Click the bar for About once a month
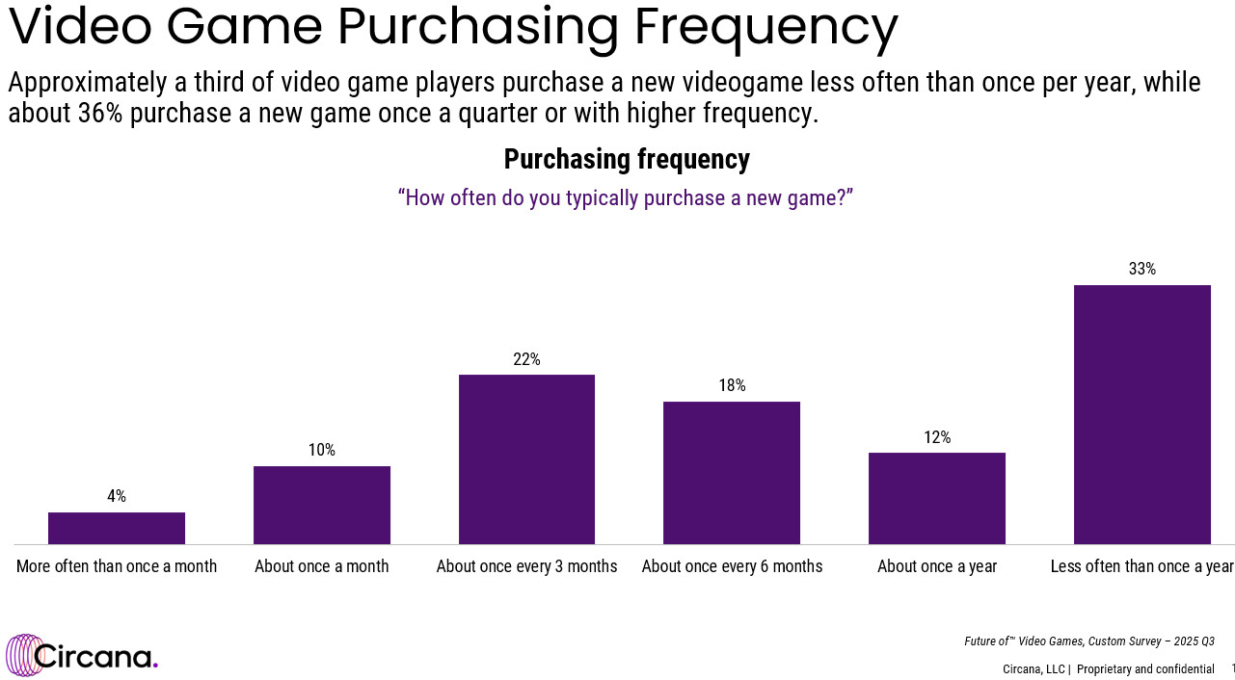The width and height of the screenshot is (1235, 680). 322,505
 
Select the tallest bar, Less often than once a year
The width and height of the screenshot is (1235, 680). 1141,414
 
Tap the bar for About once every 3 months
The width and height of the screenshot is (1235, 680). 526,459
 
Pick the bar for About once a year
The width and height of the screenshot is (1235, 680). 937,498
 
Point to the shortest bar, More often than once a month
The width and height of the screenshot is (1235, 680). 117,528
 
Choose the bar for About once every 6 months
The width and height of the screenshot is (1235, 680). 732,473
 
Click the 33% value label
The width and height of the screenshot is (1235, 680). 1142,270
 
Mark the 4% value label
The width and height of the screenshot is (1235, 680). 117,497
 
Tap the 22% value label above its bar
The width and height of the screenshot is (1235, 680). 526,359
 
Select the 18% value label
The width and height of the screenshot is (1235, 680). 732,386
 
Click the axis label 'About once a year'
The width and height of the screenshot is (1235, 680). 937,566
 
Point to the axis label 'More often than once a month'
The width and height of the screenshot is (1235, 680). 117,566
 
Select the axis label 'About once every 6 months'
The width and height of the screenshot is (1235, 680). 732,566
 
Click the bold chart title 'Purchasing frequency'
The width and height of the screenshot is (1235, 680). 627,159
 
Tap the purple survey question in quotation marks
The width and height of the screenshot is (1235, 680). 626,198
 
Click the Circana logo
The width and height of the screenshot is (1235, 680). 82,656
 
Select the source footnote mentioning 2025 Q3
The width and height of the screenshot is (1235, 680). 1088,641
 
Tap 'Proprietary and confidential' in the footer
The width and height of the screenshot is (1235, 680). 1145,669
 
